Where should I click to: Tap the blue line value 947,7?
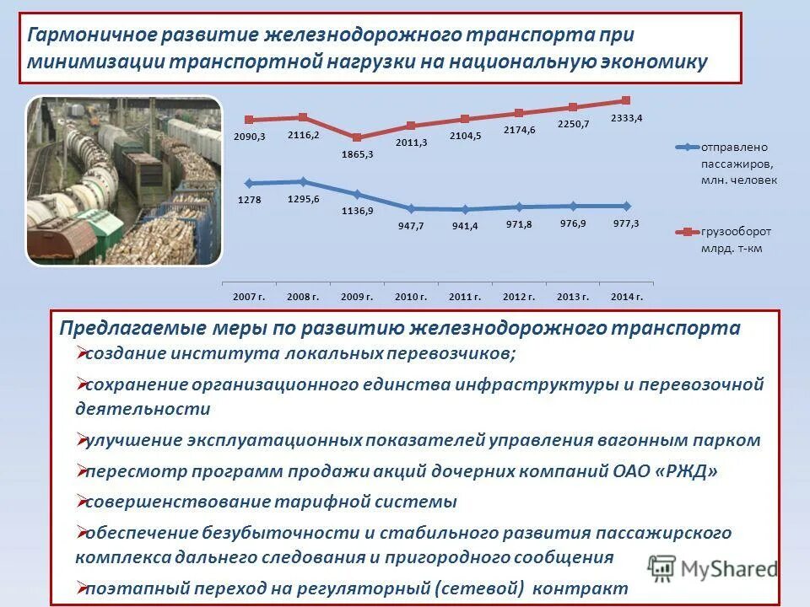click(x=411, y=226)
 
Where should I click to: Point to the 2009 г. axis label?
click(x=357, y=297)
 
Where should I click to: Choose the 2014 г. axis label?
click(x=627, y=297)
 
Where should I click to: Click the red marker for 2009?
click(x=357, y=137)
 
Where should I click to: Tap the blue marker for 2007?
click(x=249, y=183)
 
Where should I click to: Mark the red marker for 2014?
click(x=626, y=101)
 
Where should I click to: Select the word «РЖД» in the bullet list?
click(x=687, y=470)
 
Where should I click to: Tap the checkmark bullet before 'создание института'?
click(x=82, y=352)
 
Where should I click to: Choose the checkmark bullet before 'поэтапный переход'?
click(x=82, y=587)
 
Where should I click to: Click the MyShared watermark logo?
click(x=713, y=568)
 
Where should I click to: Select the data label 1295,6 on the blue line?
click(x=303, y=198)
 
